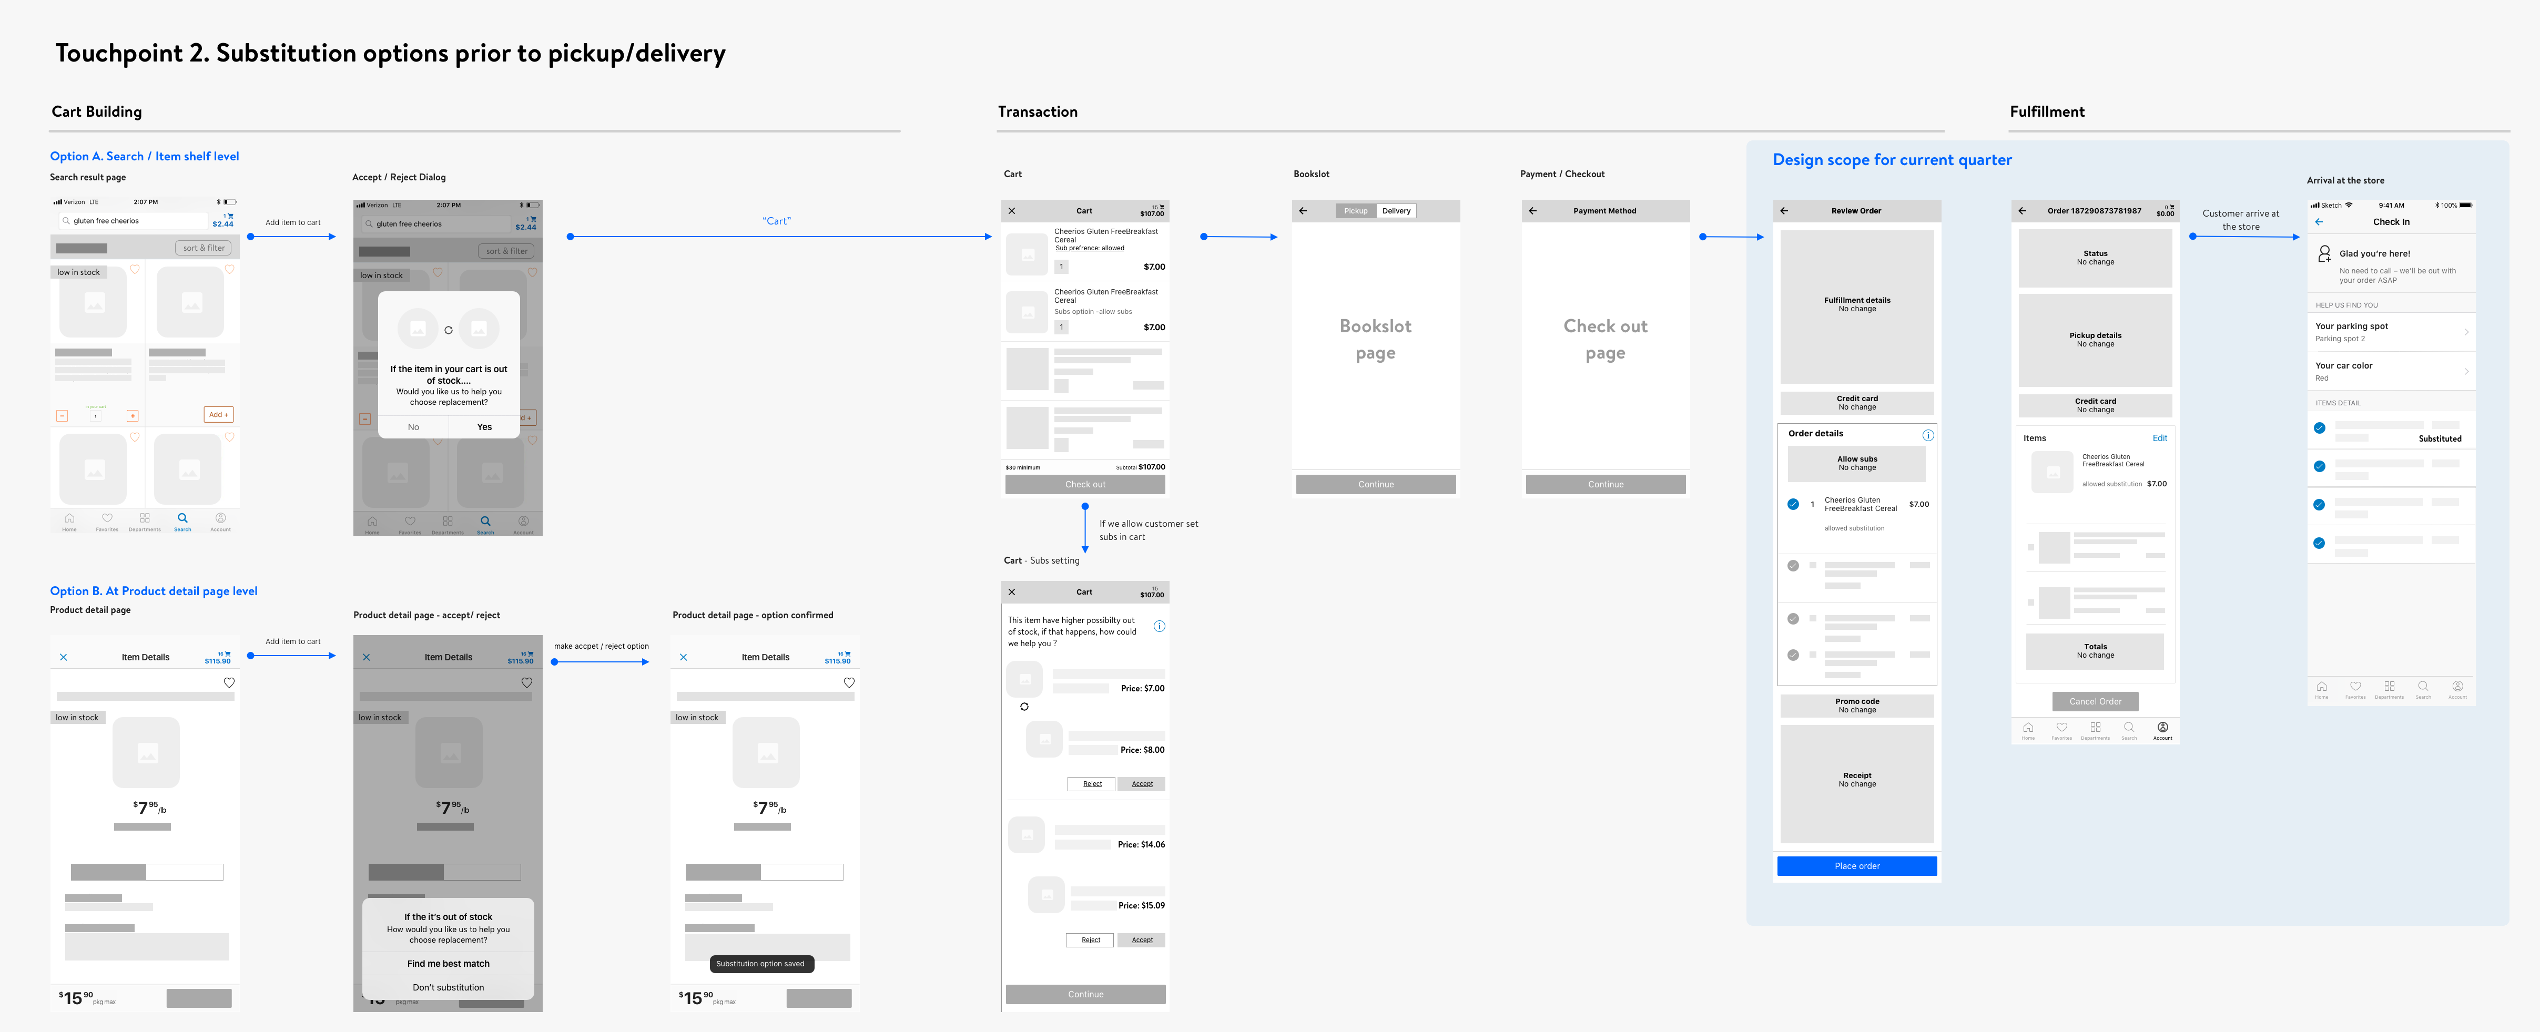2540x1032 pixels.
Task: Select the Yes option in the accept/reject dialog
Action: coord(484,427)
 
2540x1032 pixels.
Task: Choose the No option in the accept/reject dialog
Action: coord(413,427)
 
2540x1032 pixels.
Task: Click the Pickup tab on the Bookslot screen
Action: coord(1356,211)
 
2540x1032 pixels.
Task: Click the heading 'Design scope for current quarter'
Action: coord(1891,160)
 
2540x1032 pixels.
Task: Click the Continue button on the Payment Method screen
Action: coord(1605,485)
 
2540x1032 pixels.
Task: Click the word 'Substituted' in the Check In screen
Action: coord(2440,438)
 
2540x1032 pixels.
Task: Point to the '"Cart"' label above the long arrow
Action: coord(776,221)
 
